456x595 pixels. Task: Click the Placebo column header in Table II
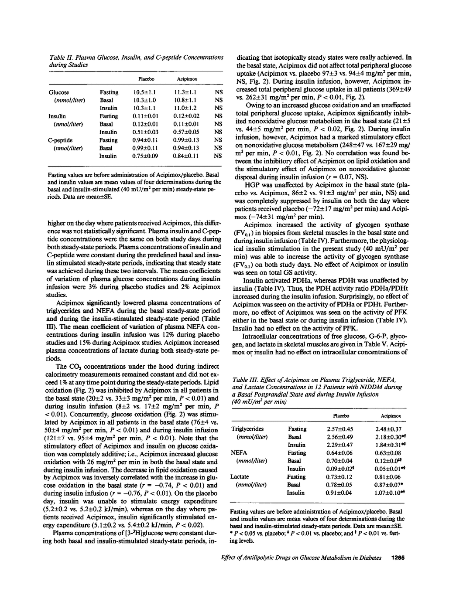pyautogui.click(x=146, y=79)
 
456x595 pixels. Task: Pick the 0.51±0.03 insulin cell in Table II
pyautogui.click(x=144, y=132)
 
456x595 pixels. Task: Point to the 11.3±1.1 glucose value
pyautogui.click(x=186, y=92)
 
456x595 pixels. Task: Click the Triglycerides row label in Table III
pyautogui.click(x=247, y=429)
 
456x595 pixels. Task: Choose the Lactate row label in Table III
pyautogui.click(x=240, y=477)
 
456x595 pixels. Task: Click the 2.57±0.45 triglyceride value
pyautogui.click(x=340, y=429)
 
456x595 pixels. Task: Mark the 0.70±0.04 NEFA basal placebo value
pyautogui.click(x=340, y=461)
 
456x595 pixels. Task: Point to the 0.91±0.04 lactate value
pyautogui.click(x=340, y=493)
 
